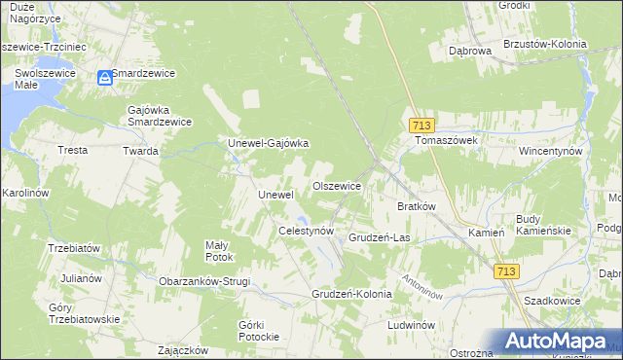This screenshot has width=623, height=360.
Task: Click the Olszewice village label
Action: (x=337, y=186)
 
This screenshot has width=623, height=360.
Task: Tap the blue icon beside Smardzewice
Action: (x=104, y=78)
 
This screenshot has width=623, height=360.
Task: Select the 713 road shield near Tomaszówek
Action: (x=421, y=126)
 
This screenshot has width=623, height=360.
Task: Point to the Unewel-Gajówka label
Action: (x=268, y=144)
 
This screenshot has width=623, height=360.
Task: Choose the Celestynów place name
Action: (x=307, y=232)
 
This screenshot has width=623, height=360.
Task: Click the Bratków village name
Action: (x=417, y=206)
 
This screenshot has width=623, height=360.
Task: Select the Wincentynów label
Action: (x=550, y=152)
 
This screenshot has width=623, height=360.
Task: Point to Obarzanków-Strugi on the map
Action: (x=204, y=281)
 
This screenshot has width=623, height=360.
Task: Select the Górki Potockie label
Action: (x=258, y=330)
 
